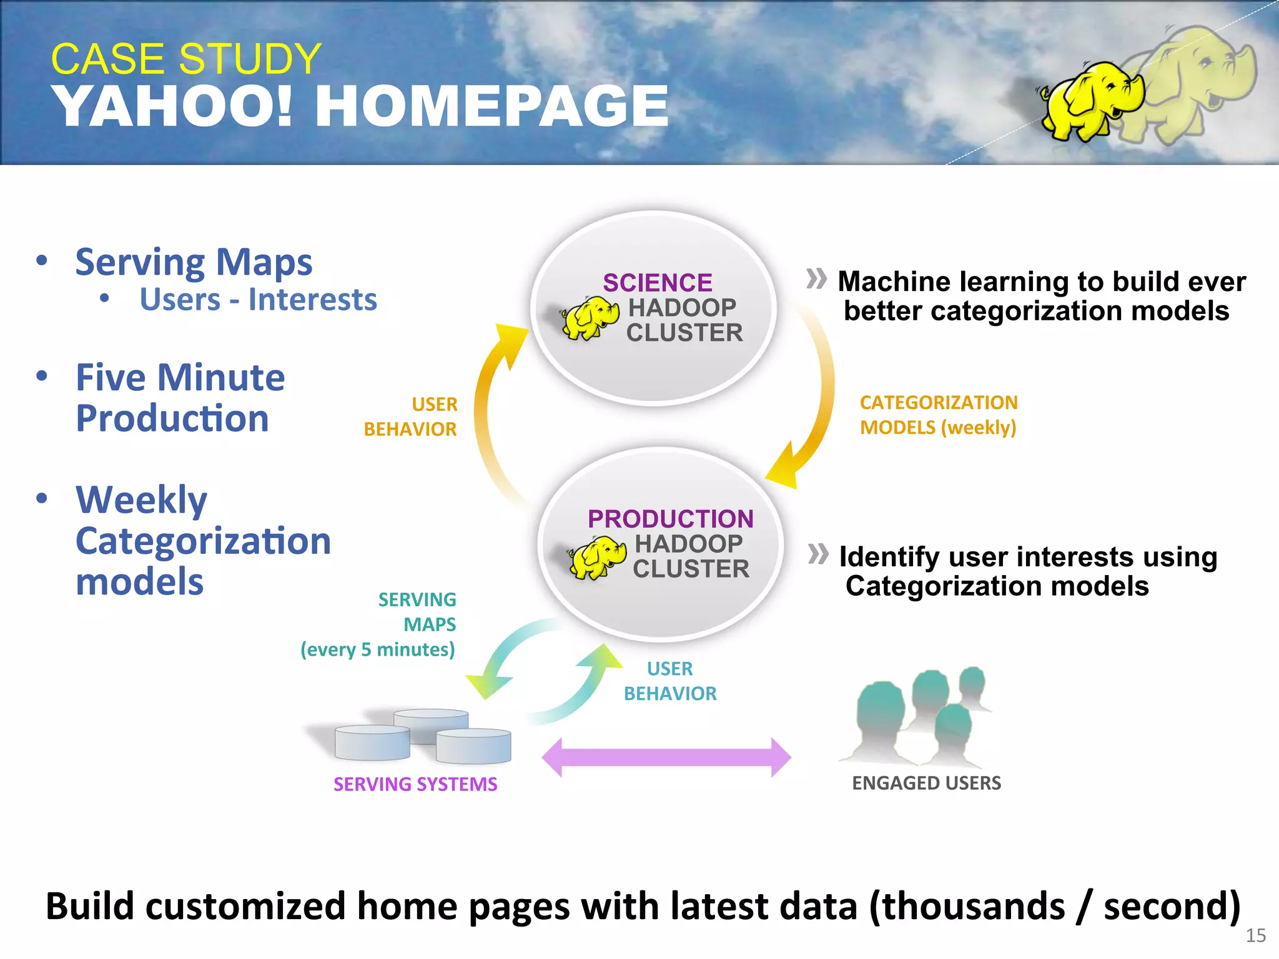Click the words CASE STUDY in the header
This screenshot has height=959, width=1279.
[185, 59]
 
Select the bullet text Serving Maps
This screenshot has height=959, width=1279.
[194, 262]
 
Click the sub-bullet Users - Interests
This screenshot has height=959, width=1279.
[258, 300]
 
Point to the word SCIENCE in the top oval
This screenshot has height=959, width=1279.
[657, 283]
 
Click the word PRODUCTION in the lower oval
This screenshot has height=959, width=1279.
[670, 519]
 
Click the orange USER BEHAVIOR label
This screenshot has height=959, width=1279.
[412, 416]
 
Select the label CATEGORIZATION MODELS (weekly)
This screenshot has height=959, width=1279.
[938, 415]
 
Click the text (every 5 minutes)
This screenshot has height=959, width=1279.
[377, 649]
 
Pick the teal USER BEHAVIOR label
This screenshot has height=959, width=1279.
[670, 681]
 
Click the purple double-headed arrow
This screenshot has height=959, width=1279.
[666, 757]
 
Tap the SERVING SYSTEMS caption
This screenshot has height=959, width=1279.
[415, 784]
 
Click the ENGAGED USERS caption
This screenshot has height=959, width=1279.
[926, 783]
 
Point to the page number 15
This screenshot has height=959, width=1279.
[1255, 935]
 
